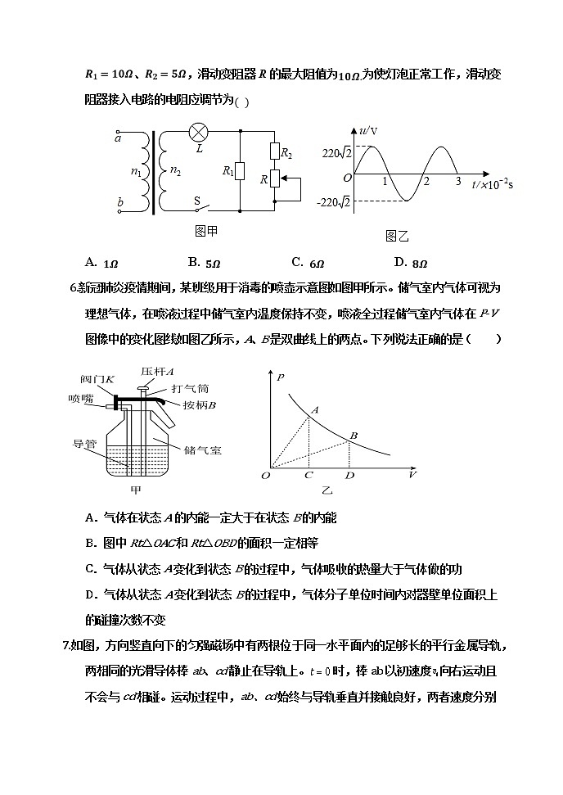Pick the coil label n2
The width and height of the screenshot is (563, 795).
(173, 171)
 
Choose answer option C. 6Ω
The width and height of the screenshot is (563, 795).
(309, 263)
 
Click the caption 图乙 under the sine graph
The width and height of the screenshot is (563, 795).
(396, 236)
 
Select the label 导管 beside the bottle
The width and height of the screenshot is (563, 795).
(85, 445)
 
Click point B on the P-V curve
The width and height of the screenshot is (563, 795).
(349, 440)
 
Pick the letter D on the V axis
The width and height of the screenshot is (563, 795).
(349, 475)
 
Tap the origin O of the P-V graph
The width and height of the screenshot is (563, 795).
(266, 475)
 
